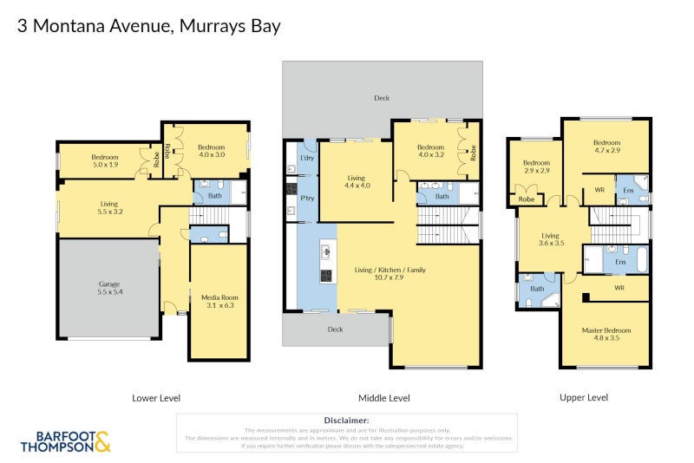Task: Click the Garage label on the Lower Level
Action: (108, 284)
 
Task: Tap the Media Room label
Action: (218, 297)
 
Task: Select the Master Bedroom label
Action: (606, 330)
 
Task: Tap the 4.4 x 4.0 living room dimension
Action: (357, 185)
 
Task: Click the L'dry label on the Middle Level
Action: (306, 158)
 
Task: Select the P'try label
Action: (306, 199)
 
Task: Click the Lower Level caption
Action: (156, 398)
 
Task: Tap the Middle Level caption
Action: (383, 398)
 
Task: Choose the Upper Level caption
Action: (584, 397)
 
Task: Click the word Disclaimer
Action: (346, 421)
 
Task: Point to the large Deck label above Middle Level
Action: (382, 99)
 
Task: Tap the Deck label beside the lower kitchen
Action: (335, 329)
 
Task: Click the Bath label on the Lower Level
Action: (213, 196)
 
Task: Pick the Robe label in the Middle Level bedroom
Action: (473, 153)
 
